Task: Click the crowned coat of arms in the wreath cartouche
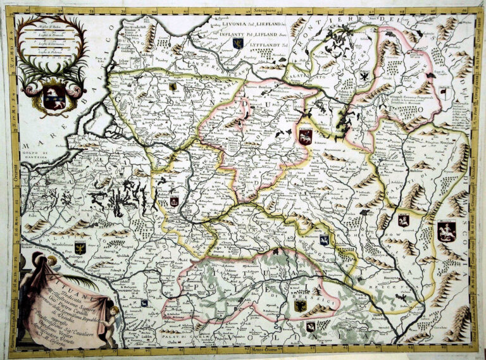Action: (x=53, y=96)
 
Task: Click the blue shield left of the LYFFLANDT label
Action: (x=238, y=43)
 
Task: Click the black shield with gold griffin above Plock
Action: (x=80, y=247)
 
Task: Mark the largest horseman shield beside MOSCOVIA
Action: (x=447, y=230)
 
